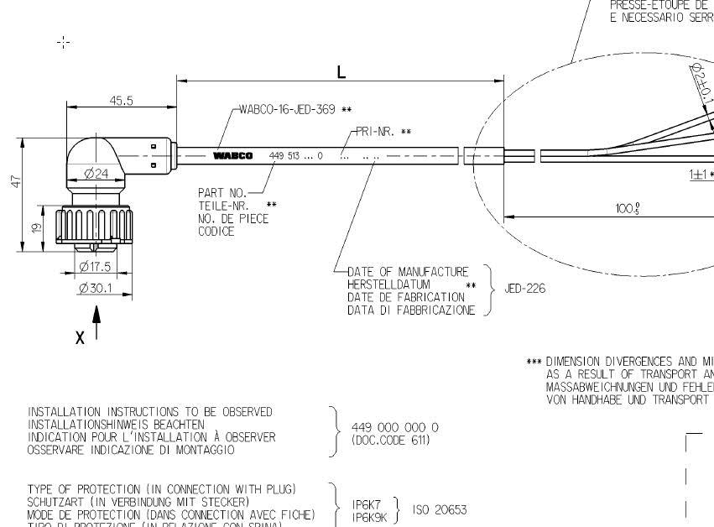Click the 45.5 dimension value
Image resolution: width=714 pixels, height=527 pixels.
[x=122, y=101]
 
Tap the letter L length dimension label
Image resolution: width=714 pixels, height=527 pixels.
[x=341, y=72]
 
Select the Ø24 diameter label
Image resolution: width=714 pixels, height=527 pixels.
[x=97, y=175]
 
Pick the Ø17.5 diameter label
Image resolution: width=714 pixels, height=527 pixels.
[x=95, y=267]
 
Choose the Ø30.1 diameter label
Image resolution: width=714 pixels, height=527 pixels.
[x=95, y=288]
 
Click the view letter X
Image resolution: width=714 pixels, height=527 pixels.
[x=80, y=337]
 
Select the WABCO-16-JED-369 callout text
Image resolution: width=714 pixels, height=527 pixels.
[x=288, y=110]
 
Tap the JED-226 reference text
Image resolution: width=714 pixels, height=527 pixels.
[x=524, y=289]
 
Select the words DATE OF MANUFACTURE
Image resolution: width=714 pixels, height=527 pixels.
[x=408, y=272]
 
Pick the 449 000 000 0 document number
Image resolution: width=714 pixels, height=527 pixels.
[x=394, y=427]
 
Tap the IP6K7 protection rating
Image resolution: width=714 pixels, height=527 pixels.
[x=366, y=504]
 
